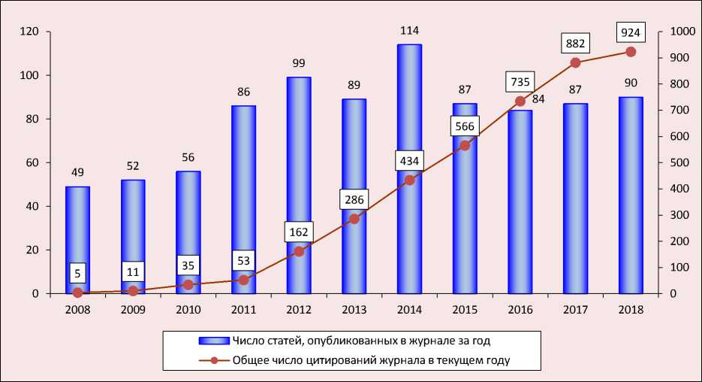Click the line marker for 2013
tap(354, 219)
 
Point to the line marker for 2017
tap(575, 62)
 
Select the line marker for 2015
tap(465, 145)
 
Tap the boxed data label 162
tap(299, 232)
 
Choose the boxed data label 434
tap(409, 162)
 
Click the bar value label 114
tap(409, 30)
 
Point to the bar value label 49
tap(77, 172)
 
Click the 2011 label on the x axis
tap(243, 310)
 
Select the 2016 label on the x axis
tap(520, 310)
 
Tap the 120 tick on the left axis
tap(30, 32)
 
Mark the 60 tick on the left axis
tap(33, 163)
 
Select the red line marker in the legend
tap(215, 361)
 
